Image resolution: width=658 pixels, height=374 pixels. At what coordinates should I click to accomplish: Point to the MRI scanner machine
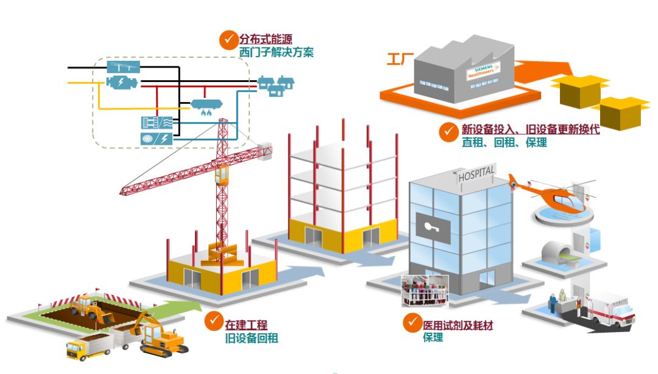tap(561, 251)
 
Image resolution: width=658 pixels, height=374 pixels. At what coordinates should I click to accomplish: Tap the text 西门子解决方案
tap(277, 53)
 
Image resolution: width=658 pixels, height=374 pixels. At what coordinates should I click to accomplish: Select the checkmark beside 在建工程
tap(213, 320)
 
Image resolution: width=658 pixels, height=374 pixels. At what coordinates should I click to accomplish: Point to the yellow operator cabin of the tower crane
tap(222, 176)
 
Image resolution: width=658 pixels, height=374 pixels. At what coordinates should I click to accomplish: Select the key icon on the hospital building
tap(433, 226)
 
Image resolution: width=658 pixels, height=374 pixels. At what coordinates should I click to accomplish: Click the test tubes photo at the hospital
tap(424, 290)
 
